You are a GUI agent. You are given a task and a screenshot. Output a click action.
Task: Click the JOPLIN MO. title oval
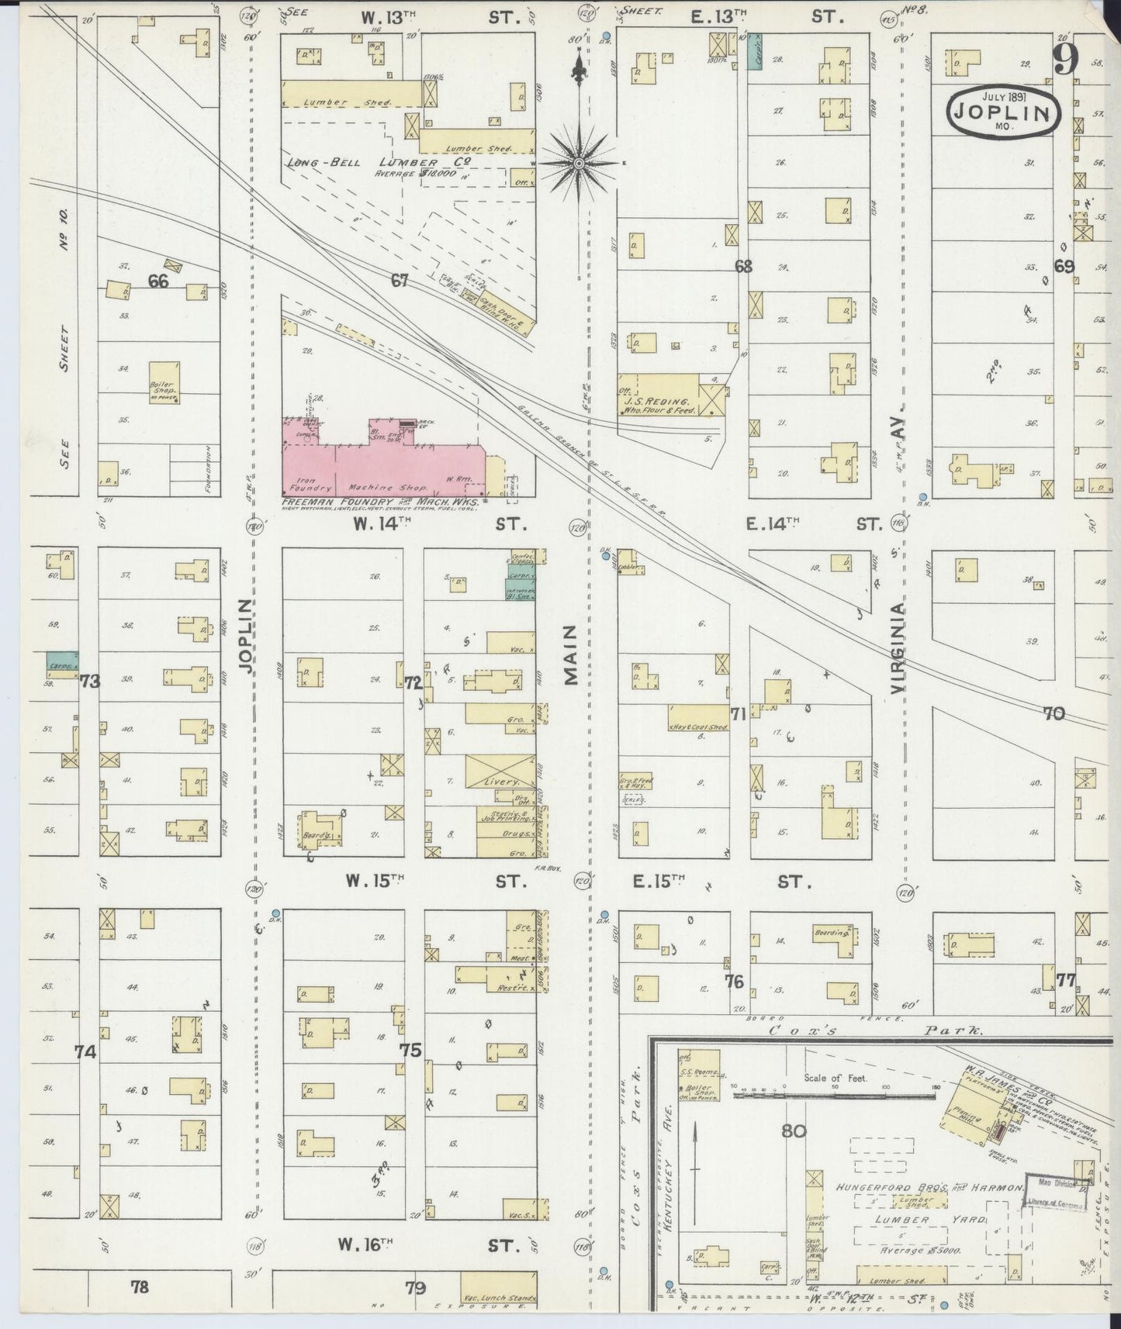pos(1003,113)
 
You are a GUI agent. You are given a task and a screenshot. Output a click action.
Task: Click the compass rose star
pos(578,163)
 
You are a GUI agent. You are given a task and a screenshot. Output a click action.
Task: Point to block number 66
pos(158,281)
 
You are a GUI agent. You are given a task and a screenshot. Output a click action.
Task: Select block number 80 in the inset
pos(794,1131)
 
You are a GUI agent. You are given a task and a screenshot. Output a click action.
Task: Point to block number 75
pos(410,1051)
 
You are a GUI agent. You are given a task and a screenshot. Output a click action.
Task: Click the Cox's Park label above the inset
pos(876,1032)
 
